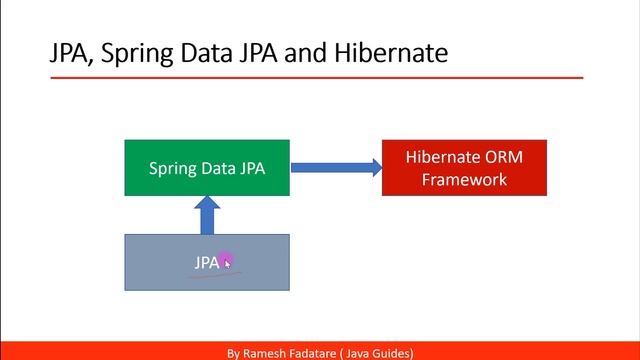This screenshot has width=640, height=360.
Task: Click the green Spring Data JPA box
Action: (x=207, y=167)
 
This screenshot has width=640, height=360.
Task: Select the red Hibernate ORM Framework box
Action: (x=464, y=167)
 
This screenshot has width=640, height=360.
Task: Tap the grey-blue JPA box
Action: (x=206, y=263)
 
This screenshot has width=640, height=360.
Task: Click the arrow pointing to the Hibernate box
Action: (x=336, y=167)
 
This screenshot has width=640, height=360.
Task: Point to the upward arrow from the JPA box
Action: (x=207, y=214)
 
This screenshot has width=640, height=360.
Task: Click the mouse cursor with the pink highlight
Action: (x=227, y=262)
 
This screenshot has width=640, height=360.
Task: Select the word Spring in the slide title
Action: (x=135, y=53)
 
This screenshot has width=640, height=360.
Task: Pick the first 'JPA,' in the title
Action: (x=70, y=53)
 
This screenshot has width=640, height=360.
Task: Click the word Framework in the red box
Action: (x=464, y=180)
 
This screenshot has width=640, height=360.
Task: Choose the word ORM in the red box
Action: (x=502, y=157)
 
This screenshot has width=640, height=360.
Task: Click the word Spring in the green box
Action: (x=173, y=168)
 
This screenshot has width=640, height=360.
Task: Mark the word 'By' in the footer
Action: (x=233, y=353)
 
